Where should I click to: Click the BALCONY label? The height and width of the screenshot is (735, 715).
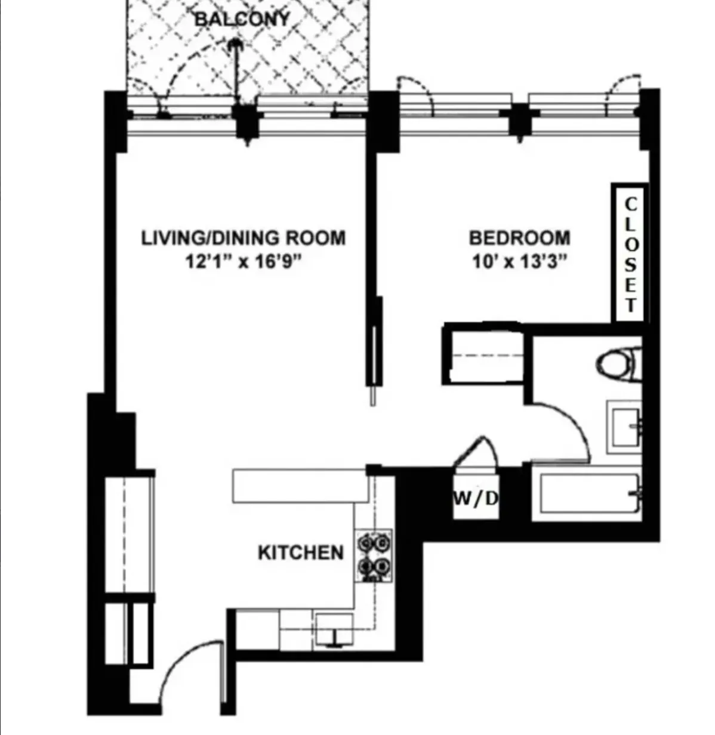[242, 19]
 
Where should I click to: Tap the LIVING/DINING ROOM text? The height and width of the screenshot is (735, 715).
[243, 237]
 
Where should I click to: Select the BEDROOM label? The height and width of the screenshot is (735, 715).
[519, 237]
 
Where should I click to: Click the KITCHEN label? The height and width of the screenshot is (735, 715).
[301, 552]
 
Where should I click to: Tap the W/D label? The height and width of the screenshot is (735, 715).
[476, 499]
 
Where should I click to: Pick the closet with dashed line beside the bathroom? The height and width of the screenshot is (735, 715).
[483, 356]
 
